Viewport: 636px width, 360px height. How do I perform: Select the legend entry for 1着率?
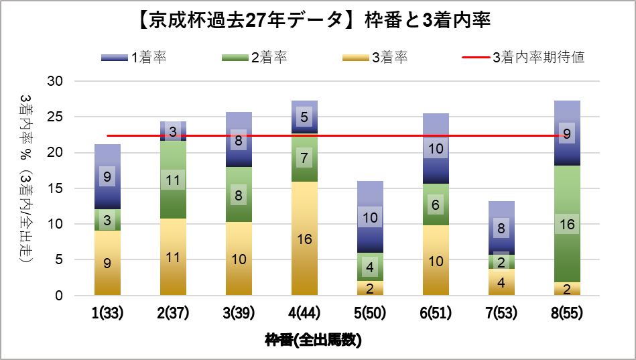coord(133,57)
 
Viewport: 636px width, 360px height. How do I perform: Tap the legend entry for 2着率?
coord(254,57)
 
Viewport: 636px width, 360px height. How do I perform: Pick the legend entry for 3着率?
coord(375,57)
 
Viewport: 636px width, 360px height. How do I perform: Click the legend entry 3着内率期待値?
coord(523,57)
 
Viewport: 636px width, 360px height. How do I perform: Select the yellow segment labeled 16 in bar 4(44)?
coord(304,239)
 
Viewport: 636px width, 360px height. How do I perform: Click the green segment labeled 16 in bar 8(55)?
coord(567,224)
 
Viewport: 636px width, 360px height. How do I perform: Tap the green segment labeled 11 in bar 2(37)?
coord(173,180)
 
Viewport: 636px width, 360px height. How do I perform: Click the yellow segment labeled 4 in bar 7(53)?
coord(501,282)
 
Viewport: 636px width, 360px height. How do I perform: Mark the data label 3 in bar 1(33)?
coord(107,220)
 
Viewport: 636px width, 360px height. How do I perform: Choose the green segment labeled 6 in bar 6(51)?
coord(436,204)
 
